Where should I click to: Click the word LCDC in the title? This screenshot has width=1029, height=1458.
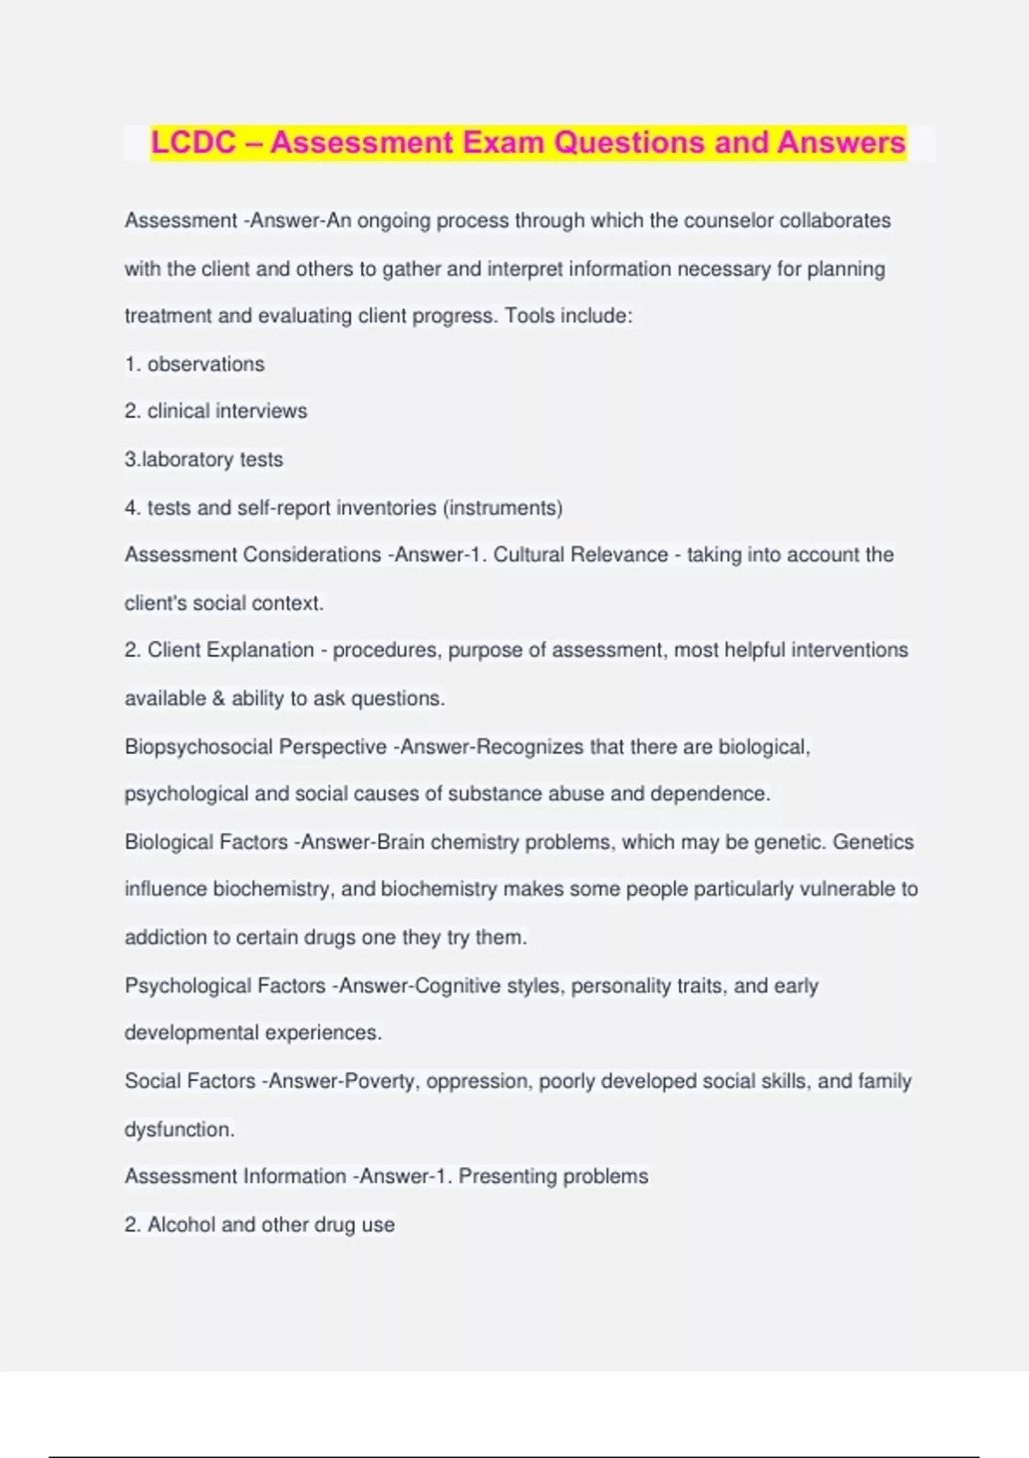point(193,142)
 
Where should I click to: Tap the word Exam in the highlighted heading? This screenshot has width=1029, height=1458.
point(503,142)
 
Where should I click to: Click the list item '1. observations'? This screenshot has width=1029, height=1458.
point(195,364)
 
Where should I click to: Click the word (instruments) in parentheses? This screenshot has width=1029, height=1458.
point(502,508)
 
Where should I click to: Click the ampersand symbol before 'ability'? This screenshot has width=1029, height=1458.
point(218,699)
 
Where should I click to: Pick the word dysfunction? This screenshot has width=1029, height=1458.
point(178,1130)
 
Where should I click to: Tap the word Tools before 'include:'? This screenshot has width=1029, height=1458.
point(529,316)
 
